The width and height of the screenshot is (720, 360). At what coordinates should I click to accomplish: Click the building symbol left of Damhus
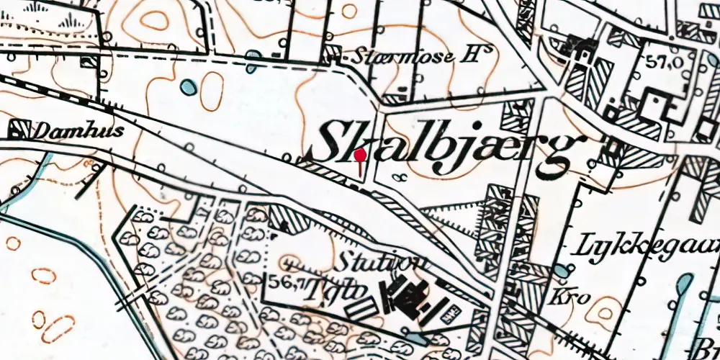pyautogui.click(x=17, y=130)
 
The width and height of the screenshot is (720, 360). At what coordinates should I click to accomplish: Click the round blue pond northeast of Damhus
pyautogui.click(x=188, y=88)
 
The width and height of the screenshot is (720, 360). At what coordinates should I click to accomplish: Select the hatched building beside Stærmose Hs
pyautogui.click(x=333, y=52)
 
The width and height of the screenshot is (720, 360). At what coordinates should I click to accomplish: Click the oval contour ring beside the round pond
pyautogui.click(x=212, y=91)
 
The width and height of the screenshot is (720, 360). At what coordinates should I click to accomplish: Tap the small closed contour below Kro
pyautogui.click(x=602, y=311)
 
